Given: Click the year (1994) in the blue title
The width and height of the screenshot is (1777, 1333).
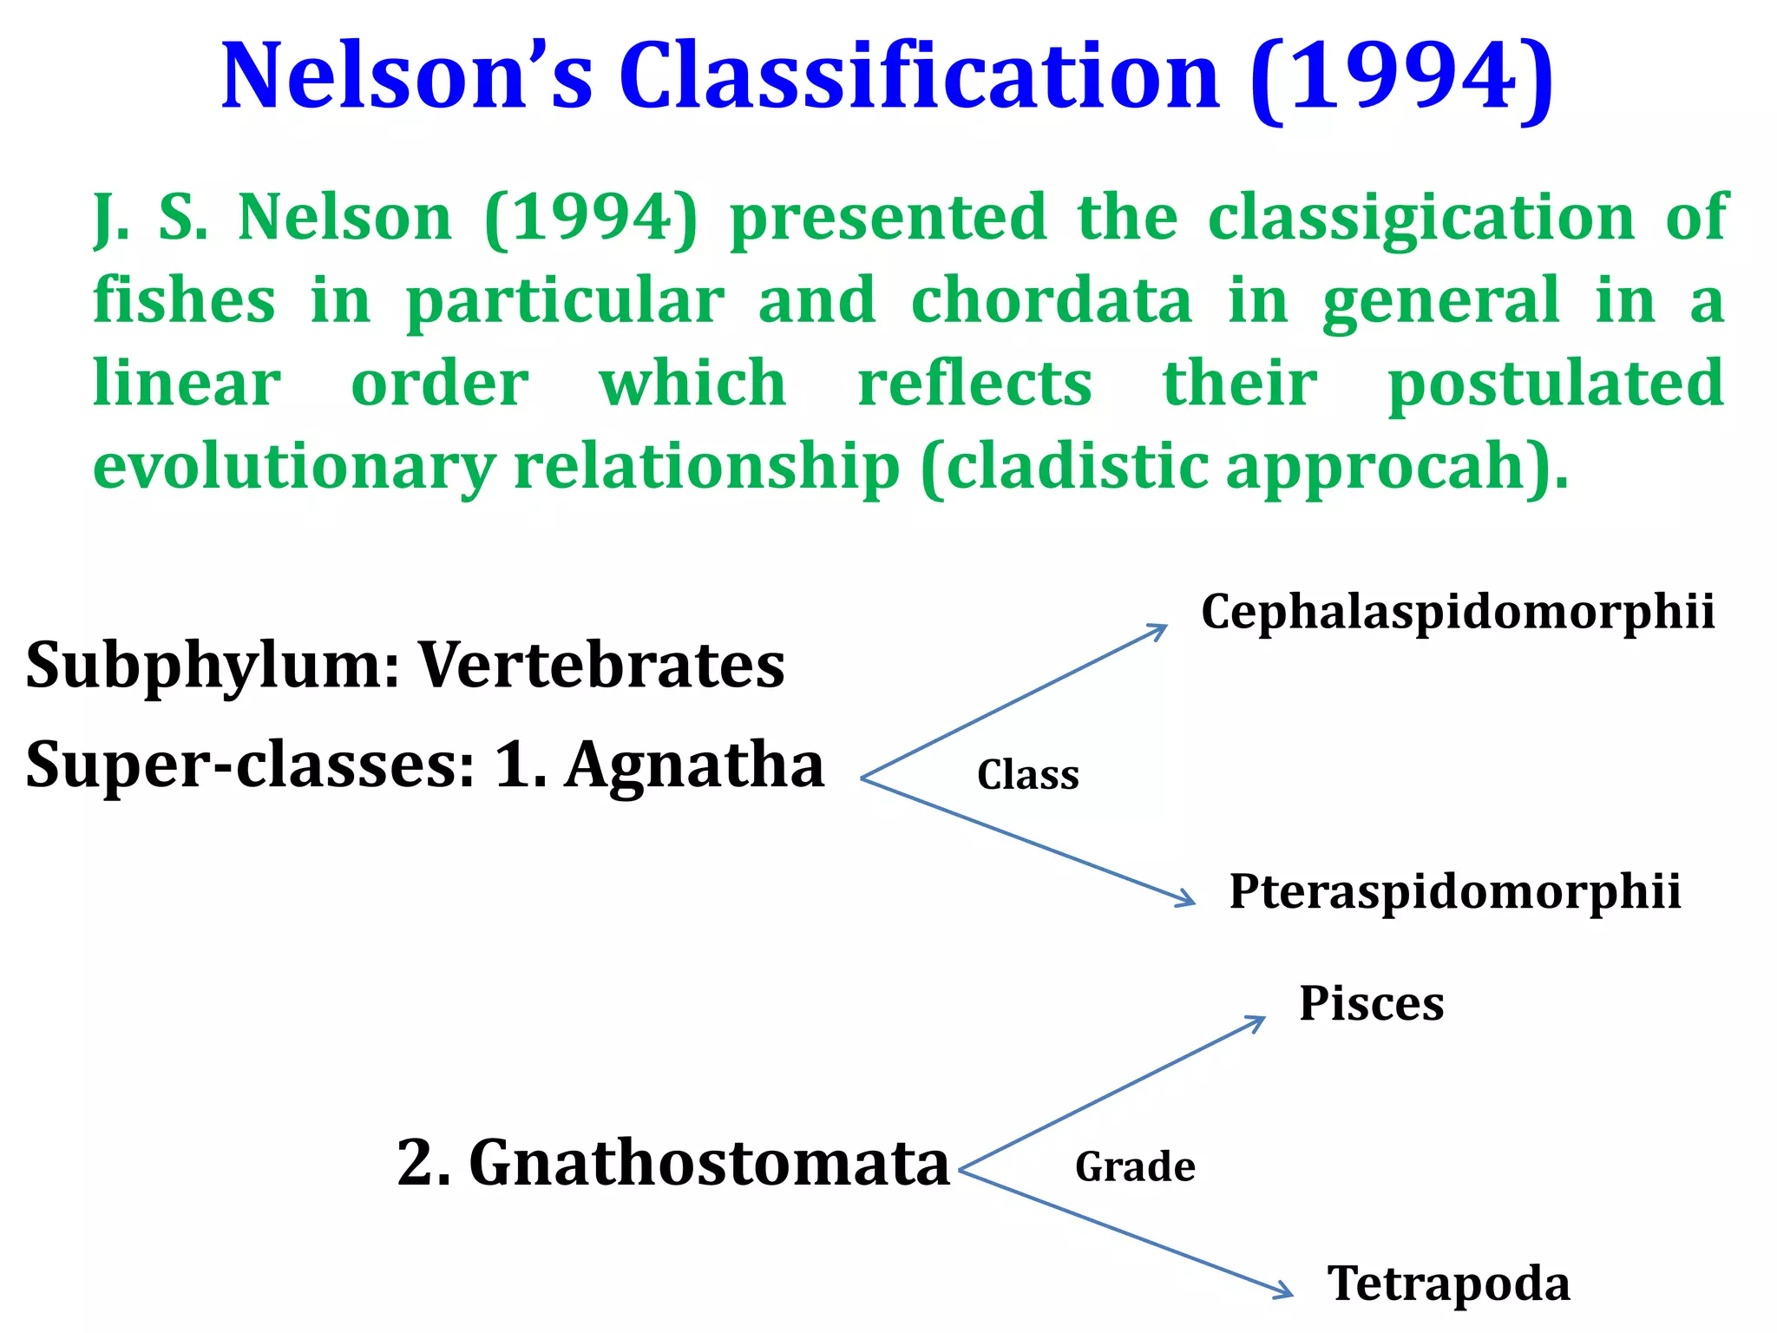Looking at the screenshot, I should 1401,78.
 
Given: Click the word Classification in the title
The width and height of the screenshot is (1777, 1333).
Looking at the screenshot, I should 920,78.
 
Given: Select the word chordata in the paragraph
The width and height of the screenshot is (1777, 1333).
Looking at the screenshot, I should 1052,300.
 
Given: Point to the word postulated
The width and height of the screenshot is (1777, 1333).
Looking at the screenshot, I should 1555,384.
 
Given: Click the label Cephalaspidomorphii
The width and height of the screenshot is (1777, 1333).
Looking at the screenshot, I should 1458,612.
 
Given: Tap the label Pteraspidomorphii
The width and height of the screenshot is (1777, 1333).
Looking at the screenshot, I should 1455,891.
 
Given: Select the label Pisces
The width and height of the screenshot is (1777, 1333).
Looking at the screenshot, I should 1371,1004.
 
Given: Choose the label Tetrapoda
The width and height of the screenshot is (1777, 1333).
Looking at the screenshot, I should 1448,1284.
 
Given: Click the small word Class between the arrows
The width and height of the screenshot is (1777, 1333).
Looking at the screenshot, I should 1028,775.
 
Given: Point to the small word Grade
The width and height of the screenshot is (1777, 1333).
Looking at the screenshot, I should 1135,1166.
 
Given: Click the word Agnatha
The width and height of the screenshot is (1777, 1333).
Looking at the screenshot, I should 694,765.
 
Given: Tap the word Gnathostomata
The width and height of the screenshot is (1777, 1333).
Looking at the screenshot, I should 709,1163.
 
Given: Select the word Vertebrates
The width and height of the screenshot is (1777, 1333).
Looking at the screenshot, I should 602,666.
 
